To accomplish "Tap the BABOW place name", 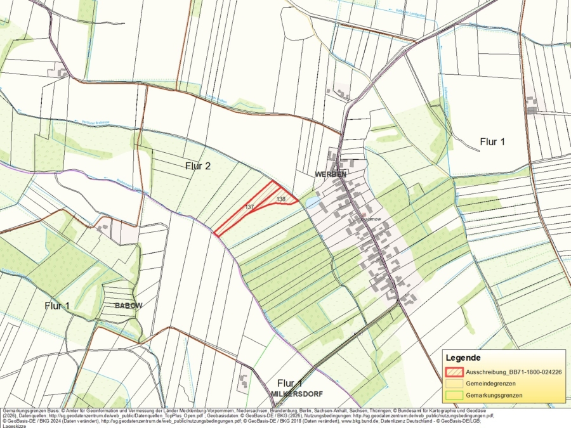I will (x=128, y=305).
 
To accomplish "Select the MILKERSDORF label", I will (x=297, y=394).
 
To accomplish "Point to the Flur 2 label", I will (x=197, y=166).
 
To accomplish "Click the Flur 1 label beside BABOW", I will (x=57, y=306).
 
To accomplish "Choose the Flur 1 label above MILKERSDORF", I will (x=290, y=384).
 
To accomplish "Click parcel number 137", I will (x=249, y=207).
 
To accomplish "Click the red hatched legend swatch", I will (x=454, y=372).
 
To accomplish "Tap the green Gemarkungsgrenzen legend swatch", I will (x=454, y=395).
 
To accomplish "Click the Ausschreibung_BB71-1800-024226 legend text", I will (x=513, y=372).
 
